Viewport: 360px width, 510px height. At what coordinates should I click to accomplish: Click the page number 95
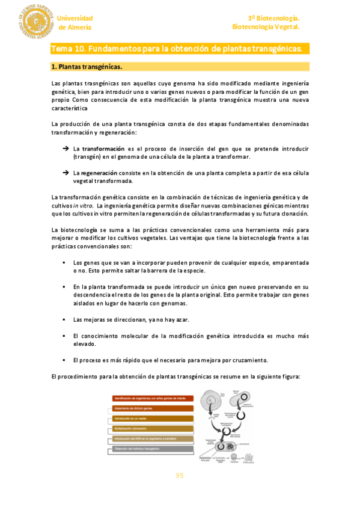coord(179,476)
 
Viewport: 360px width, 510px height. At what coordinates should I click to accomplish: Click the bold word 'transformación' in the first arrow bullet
coord(103,148)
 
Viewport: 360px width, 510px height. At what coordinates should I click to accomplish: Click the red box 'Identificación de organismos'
coord(153,399)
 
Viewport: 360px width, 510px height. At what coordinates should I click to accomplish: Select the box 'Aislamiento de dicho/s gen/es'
coord(153,408)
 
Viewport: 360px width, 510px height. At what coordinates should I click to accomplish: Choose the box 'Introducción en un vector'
coord(153,419)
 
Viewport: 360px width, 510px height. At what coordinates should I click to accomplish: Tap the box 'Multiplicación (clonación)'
coord(153,429)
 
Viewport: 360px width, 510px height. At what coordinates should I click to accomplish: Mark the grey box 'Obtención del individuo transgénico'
coord(153,449)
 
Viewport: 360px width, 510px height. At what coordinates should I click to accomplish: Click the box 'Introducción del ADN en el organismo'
coord(153,439)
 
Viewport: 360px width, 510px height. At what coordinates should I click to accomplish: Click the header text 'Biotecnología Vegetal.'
coord(266,27)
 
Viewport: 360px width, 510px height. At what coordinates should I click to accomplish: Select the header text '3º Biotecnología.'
coord(273,18)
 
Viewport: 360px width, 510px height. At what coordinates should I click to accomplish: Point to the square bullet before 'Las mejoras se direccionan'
coord(64,319)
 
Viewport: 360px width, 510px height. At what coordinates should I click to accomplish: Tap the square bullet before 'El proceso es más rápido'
coord(64,360)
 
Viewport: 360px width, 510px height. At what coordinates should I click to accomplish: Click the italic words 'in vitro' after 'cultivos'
coord(82,206)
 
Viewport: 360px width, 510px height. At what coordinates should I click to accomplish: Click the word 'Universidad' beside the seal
coord(75,18)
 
